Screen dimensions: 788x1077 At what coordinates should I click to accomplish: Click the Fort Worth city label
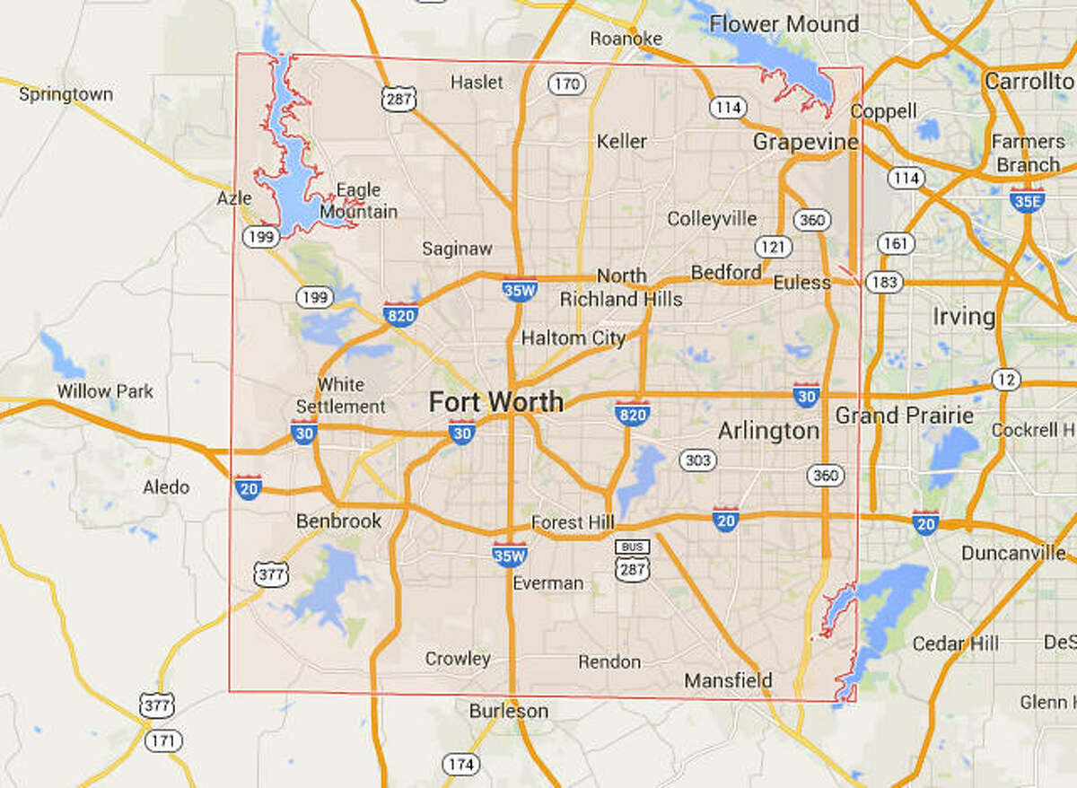(x=496, y=401)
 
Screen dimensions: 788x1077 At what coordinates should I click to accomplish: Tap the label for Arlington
(x=768, y=432)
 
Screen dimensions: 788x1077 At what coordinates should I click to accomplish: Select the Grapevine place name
(x=805, y=142)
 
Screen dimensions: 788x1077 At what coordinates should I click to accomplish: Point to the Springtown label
(x=66, y=93)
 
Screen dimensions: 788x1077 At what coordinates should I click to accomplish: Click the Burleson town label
(x=508, y=711)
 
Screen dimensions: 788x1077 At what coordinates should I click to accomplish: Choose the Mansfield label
(x=728, y=681)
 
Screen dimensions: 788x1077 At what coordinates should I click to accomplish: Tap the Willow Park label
(x=105, y=391)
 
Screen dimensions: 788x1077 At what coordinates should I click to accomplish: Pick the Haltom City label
(x=574, y=338)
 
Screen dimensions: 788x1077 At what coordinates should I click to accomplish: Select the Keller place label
(x=621, y=141)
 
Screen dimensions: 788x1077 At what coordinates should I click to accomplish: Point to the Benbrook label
(x=339, y=521)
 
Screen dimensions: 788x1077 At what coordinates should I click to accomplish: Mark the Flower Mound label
(x=784, y=24)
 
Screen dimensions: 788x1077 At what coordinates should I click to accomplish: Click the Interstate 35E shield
(x=1026, y=201)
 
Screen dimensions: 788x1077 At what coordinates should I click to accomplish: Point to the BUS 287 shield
(x=632, y=559)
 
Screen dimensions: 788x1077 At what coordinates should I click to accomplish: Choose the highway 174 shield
(x=460, y=765)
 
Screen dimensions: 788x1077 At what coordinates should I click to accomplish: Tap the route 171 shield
(x=166, y=741)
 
